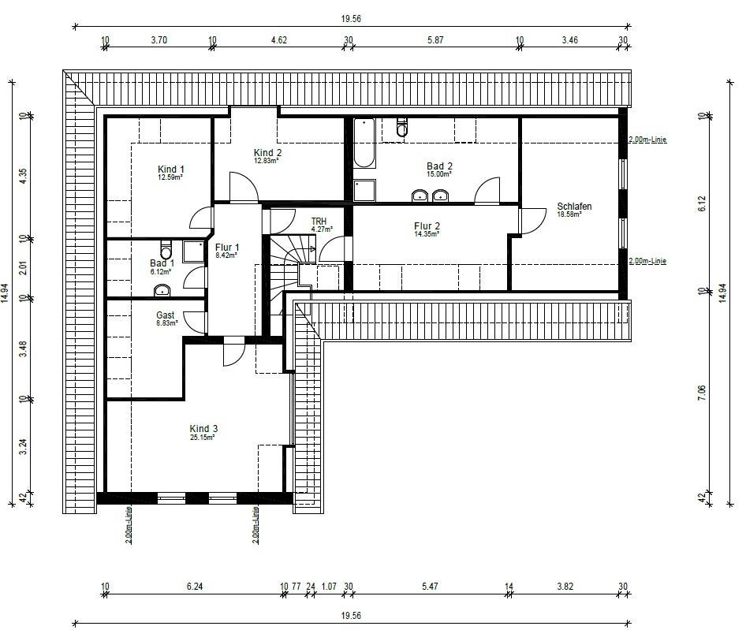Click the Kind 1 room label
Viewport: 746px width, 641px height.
click(171, 170)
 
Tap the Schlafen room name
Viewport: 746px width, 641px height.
click(574, 207)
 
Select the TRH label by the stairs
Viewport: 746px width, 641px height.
click(319, 222)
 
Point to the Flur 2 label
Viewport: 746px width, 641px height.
click(427, 226)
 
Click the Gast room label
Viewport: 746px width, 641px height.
click(165, 315)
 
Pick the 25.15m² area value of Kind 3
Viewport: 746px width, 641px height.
click(202, 438)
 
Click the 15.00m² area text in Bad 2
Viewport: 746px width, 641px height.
click(438, 174)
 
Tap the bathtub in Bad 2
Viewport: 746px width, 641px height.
click(364, 143)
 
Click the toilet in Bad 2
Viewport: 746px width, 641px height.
click(402, 126)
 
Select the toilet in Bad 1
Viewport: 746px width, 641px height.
click(166, 249)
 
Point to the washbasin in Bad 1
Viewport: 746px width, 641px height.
click(162, 289)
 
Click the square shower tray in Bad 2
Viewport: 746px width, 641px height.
click(364, 190)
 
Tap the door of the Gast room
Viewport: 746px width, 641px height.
click(195, 322)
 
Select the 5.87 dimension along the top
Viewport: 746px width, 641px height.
click(435, 40)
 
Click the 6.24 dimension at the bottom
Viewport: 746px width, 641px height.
click(195, 587)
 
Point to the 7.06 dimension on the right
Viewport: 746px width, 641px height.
click(702, 393)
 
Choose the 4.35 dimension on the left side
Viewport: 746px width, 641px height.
click(24, 177)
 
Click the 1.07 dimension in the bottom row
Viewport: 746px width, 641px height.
click(329, 587)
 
